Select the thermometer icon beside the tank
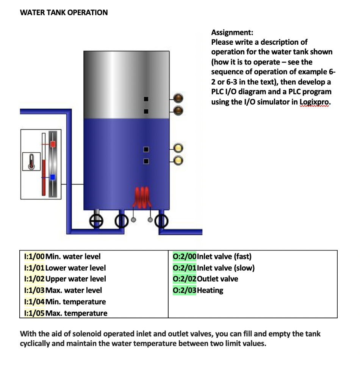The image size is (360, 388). [32, 161]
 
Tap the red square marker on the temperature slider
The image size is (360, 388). [53, 144]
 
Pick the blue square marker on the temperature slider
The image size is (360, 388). [53, 177]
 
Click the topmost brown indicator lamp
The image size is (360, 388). [179, 99]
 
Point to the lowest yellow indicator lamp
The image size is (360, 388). [179, 160]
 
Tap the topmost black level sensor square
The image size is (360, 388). [145, 99]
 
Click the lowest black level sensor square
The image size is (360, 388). [145, 161]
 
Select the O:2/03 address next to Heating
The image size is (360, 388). [185, 291]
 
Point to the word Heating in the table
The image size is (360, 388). [210, 291]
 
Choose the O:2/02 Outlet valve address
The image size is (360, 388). [185, 279]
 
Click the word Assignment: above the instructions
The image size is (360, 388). [232, 32]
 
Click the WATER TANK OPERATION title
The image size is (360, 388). [64, 13]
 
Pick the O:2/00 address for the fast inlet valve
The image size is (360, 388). [185, 257]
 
